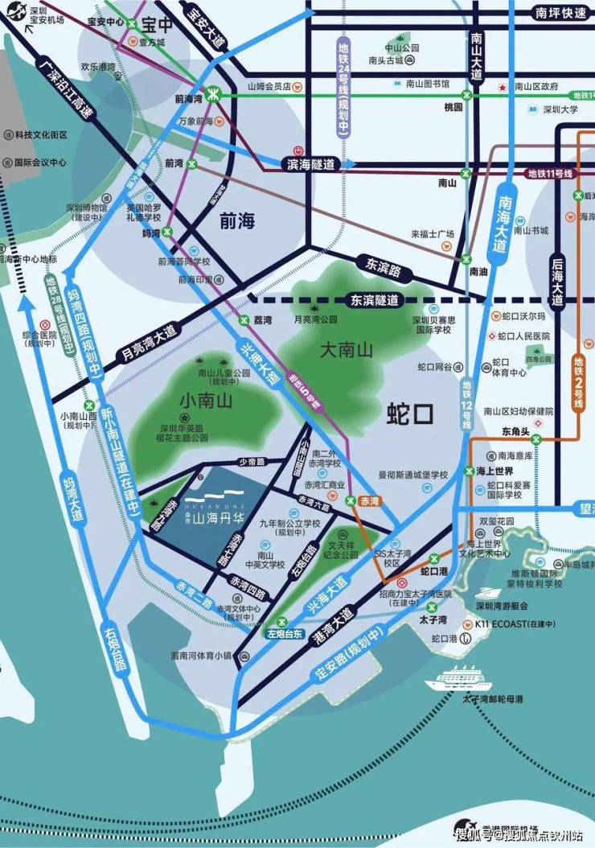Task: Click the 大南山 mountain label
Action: click(x=347, y=350)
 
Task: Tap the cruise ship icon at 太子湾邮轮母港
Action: click(x=458, y=677)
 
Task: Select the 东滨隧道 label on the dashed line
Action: click(x=375, y=300)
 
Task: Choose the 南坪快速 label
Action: click(x=560, y=13)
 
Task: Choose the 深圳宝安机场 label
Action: click(x=46, y=13)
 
